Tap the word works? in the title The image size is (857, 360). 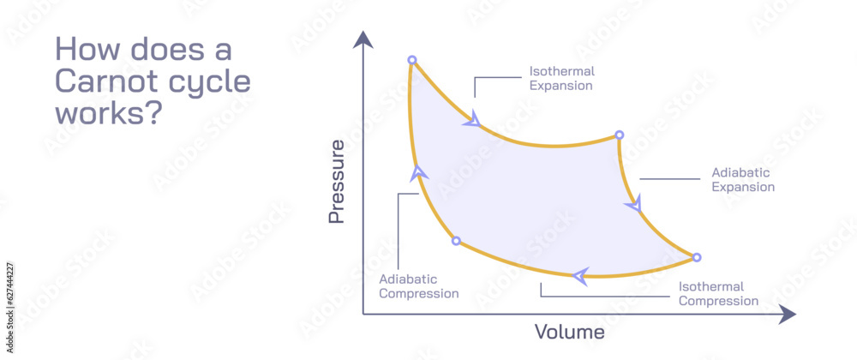(x=108, y=113)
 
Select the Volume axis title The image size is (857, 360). (x=570, y=332)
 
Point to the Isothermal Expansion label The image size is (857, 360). (x=561, y=78)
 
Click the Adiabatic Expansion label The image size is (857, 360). (x=742, y=179)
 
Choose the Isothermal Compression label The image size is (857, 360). (x=718, y=294)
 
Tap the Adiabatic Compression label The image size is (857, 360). (x=419, y=286)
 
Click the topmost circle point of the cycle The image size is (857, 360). (x=412, y=60)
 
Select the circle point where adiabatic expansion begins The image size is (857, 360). (x=619, y=135)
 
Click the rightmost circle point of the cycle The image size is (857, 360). (x=696, y=257)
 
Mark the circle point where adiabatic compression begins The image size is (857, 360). (x=456, y=241)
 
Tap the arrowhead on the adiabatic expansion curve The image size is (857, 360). (x=634, y=205)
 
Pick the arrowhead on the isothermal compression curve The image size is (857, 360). (x=581, y=275)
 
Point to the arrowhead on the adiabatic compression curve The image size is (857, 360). (x=418, y=173)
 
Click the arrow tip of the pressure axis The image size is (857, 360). (x=364, y=39)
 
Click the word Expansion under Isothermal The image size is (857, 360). (x=561, y=86)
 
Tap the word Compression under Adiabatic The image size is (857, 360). (x=419, y=294)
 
